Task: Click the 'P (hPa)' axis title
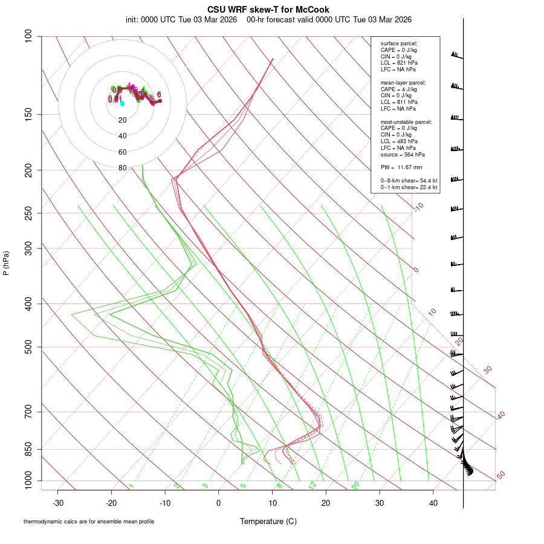(6, 263)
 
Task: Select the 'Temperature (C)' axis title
(268, 521)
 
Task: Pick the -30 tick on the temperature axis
(58, 503)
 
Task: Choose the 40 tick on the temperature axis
(433, 503)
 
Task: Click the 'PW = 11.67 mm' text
(401, 167)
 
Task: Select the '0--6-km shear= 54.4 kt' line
(409, 181)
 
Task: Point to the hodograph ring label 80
(123, 168)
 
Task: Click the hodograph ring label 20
(123, 120)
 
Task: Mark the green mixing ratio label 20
(356, 485)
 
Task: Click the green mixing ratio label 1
(131, 486)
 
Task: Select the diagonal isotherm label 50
(500, 476)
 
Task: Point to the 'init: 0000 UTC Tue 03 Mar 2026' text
(181, 19)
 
